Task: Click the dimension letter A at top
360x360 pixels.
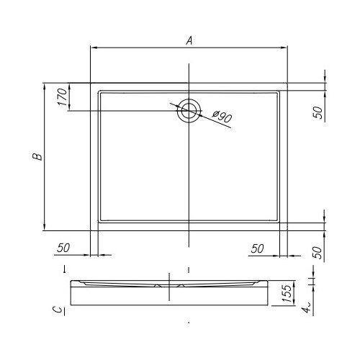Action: point(189,40)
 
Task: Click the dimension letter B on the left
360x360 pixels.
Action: point(37,156)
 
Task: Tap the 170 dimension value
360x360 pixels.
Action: point(62,97)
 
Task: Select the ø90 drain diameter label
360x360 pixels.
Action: point(222,117)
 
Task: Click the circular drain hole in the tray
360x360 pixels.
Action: point(189,111)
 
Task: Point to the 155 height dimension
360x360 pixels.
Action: point(287,294)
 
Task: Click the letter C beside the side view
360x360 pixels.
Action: point(58,310)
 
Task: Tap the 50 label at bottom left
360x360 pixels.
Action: point(63,248)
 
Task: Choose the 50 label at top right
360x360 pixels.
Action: point(318,112)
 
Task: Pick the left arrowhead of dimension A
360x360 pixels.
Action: point(94,48)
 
